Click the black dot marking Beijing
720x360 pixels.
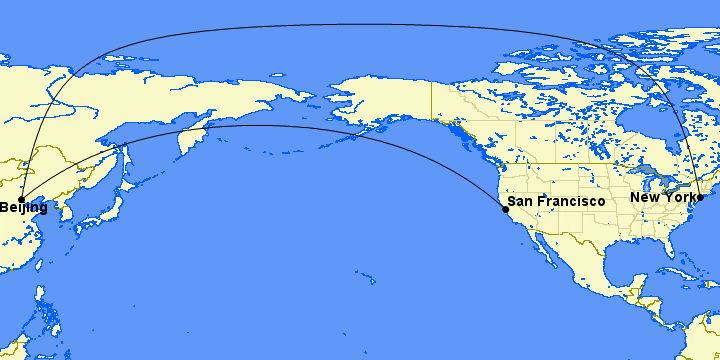21,200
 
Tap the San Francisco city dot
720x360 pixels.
505,210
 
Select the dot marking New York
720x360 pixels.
700,197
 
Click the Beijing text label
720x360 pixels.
23,208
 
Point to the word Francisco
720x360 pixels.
572,202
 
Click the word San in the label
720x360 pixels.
522,202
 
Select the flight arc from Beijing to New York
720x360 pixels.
360,25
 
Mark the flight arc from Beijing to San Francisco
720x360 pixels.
250,126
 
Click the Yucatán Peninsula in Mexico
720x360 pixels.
640,283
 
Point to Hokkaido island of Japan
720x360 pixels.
125,187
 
